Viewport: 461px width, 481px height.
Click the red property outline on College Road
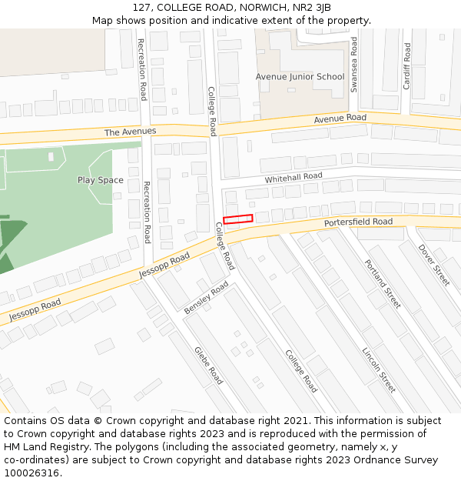click(237, 219)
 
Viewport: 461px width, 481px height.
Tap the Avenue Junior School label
click(300, 77)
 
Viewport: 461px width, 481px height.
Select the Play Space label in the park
click(100, 180)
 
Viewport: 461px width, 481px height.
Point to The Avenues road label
click(130, 132)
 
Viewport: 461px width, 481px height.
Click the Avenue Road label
click(340, 119)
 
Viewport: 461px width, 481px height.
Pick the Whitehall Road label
click(294, 177)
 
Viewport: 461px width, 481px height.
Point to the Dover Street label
click(433, 265)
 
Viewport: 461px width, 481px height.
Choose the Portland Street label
click(383, 283)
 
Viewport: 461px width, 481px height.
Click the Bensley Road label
click(206, 298)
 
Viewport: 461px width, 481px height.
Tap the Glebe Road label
click(207, 366)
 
